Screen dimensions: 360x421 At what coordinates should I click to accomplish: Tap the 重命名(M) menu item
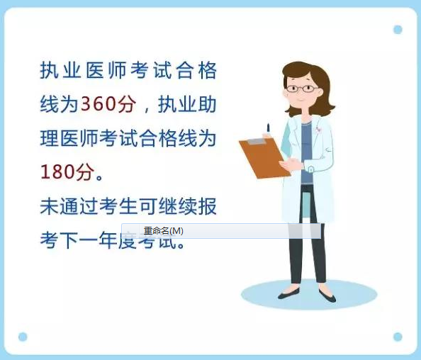[163, 231]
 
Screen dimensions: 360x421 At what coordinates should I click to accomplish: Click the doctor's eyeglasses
[301, 89]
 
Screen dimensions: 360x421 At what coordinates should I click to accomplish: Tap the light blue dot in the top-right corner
[398, 30]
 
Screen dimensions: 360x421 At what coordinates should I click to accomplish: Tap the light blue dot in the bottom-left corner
[23, 337]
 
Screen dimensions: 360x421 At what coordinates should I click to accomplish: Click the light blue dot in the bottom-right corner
[398, 337]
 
